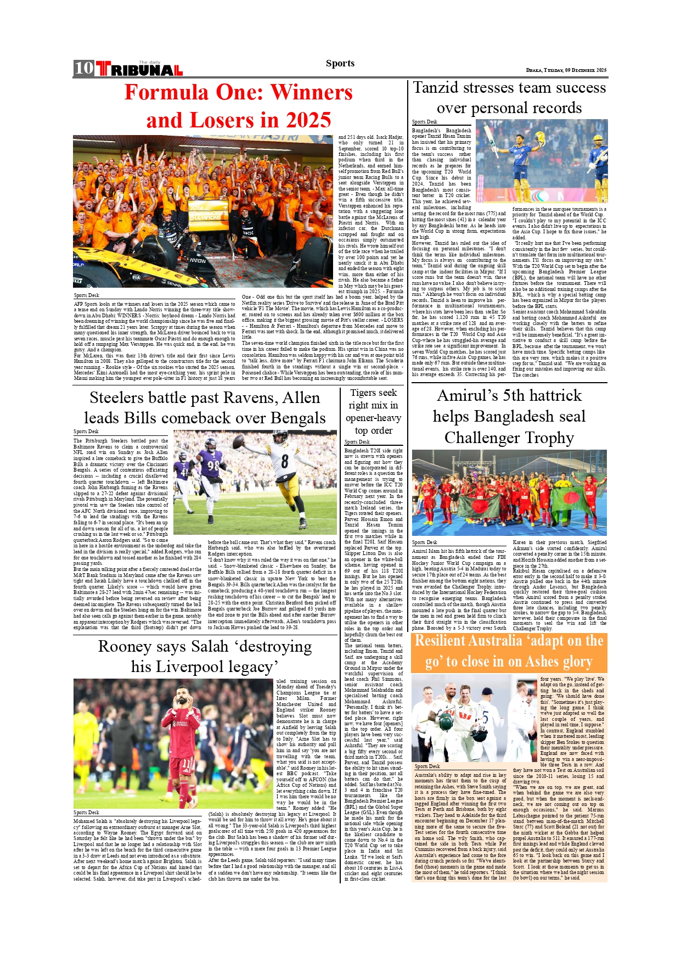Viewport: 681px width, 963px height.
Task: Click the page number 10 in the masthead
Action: (84, 68)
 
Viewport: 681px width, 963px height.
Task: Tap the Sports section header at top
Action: (340, 63)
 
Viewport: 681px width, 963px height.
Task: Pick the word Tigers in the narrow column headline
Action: (362, 393)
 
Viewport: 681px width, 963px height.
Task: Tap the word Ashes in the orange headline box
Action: (544, 662)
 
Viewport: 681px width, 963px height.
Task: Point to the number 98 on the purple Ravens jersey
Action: (213, 466)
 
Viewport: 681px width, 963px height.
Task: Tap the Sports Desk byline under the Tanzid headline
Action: (424, 122)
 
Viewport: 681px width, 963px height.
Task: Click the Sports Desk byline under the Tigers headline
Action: (357, 442)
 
